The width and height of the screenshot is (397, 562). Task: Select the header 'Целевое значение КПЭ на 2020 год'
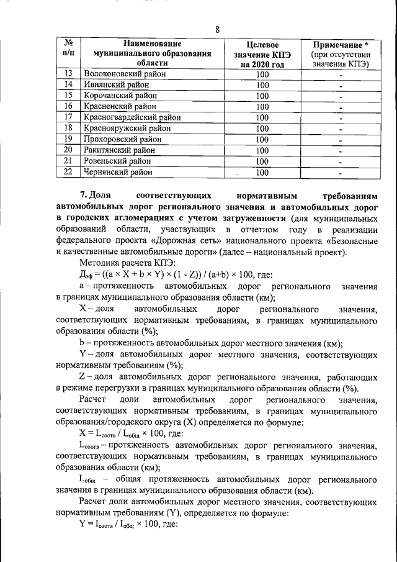tap(262, 54)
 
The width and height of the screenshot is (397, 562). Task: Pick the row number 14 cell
tap(69, 84)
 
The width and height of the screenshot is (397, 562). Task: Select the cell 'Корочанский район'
tap(117, 96)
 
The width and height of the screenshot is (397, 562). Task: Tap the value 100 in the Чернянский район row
tap(262, 172)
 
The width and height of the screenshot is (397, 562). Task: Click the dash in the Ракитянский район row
tap(341, 150)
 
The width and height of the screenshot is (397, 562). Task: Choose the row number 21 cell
tap(69, 161)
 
